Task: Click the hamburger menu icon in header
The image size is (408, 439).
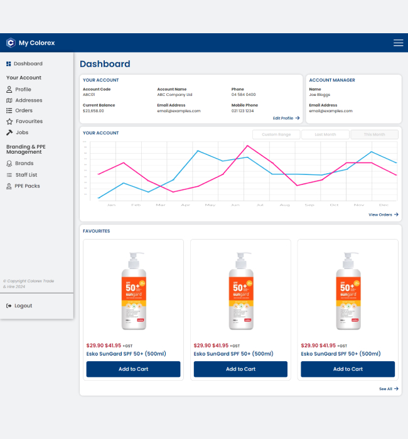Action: (398, 43)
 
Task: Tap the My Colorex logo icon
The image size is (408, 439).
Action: (10, 43)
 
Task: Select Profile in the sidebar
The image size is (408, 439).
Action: (23, 90)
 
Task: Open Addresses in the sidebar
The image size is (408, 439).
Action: (28, 100)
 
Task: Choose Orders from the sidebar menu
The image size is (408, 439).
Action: (24, 111)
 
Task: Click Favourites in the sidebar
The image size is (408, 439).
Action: (29, 122)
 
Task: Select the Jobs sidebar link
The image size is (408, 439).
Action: (21, 132)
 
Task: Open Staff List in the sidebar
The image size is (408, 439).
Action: (26, 175)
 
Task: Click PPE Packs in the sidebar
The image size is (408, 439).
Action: (27, 186)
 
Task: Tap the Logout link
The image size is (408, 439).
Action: (23, 306)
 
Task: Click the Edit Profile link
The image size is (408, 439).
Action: (286, 118)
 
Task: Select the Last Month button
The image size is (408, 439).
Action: (325, 134)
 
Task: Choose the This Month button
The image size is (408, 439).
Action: (374, 134)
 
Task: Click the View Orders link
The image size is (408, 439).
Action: (383, 214)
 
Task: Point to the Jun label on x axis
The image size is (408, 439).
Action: (235, 205)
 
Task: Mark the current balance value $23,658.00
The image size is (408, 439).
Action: (94, 111)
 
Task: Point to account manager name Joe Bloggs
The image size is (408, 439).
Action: (319, 95)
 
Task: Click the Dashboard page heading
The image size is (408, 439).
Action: (105, 64)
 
